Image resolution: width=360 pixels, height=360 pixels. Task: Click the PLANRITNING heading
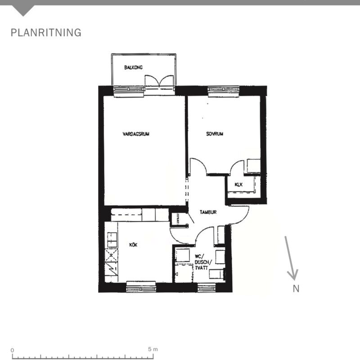tap(46, 32)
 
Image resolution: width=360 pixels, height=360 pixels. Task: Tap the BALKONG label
tap(133, 67)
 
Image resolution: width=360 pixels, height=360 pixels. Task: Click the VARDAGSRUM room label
tap(136, 134)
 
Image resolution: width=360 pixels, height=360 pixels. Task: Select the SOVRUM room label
tap(215, 134)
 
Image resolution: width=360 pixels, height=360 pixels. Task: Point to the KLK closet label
tap(238, 184)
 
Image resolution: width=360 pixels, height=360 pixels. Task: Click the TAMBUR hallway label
tap(208, 212)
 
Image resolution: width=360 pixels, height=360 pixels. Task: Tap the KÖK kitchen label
tap(133, 245)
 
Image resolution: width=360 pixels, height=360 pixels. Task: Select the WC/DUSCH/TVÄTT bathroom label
tap(203, 262)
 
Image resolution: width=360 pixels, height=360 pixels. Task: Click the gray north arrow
tap(291, 258)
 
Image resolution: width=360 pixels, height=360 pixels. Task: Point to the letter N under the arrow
tap(296, 288)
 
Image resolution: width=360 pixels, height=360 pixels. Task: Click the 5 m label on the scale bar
tap(153, 350)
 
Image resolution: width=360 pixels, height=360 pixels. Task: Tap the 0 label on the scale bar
tap(13, 351)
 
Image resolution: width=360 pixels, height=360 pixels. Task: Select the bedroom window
tap(224, 91)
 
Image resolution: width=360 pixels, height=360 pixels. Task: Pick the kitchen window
tap(141, 287)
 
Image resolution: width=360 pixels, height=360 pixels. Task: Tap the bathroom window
tap(207, 288)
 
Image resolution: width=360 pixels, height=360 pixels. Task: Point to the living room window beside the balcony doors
tap(129, 91)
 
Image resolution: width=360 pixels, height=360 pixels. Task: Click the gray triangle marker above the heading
tap(23, 10)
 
